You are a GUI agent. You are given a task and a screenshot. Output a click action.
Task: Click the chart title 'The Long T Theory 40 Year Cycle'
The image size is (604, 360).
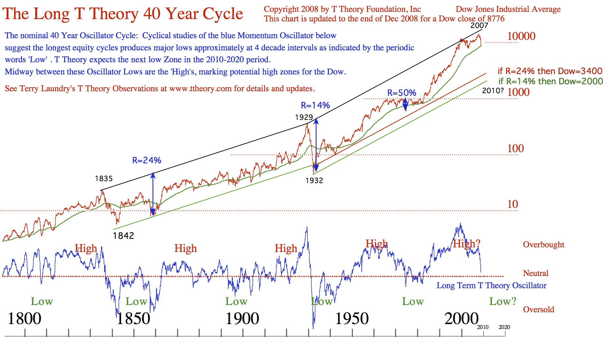(122, 14)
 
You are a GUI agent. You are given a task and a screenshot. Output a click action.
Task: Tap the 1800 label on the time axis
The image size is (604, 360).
(24, 318)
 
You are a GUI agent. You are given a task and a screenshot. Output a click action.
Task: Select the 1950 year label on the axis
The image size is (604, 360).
(352, 318)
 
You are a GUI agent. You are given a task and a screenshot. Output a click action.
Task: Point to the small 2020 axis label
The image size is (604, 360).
(504, 327)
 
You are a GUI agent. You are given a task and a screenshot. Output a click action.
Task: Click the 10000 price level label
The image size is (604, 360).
(521, 36)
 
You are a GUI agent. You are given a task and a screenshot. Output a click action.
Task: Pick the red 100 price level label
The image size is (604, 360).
(515, 149)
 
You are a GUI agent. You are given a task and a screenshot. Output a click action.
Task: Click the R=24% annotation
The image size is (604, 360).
(146, 160)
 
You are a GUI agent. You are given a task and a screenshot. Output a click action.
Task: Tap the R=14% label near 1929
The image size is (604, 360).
(315, 105)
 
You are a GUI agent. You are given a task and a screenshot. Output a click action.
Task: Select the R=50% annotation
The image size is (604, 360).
(402, 93)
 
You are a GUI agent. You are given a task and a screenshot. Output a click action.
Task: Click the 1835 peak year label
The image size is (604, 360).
(104, 179)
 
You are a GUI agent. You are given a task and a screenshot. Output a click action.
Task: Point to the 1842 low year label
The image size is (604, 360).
(123, 235)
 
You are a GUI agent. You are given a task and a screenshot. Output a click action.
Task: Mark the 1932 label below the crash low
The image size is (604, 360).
(314, 180)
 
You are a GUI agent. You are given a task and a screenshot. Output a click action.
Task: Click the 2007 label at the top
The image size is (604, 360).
(479, 25)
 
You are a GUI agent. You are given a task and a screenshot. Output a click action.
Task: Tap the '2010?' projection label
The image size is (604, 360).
(493, 91)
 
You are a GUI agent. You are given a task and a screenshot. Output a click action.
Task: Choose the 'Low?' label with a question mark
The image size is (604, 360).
(503, 301)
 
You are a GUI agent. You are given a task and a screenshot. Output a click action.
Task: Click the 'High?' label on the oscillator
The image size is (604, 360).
(467, 244)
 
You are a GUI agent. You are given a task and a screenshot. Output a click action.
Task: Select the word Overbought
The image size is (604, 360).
(543, 245)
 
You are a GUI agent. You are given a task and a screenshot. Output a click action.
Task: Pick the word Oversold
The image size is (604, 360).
(538, 310)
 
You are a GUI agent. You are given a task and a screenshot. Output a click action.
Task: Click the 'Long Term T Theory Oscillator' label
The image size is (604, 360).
(491, 286)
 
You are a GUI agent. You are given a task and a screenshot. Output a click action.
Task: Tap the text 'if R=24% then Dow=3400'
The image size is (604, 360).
(550, 71)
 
